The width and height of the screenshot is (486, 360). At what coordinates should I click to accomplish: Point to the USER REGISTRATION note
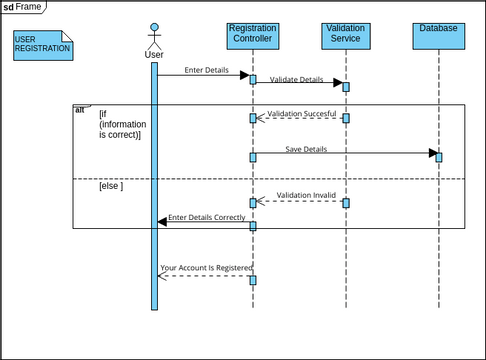click(43, 44)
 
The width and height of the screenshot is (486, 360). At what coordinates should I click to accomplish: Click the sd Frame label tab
click(24, 7)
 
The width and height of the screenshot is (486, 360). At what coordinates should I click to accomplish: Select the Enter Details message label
click(206, 70)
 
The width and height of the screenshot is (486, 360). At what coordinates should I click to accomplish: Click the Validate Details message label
click(297, 79)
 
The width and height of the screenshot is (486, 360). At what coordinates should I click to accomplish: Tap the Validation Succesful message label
click(301, 114)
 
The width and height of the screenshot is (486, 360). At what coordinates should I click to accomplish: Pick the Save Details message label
click(306, 149)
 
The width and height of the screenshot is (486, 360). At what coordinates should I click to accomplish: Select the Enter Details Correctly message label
click(206, 217)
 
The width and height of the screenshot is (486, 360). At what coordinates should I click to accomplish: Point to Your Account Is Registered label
click(206, 268)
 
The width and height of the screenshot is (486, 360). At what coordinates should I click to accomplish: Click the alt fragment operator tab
click(80, 109)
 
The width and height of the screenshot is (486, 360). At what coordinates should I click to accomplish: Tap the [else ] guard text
click(110, 187)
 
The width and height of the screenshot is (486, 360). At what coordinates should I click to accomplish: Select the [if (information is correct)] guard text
click(119, 124)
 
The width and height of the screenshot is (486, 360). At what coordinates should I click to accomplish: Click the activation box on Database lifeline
click(438, 156)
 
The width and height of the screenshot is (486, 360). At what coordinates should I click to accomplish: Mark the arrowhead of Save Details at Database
click(433, 153)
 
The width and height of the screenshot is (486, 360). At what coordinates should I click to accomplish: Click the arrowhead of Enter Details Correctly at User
click(162, 222)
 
